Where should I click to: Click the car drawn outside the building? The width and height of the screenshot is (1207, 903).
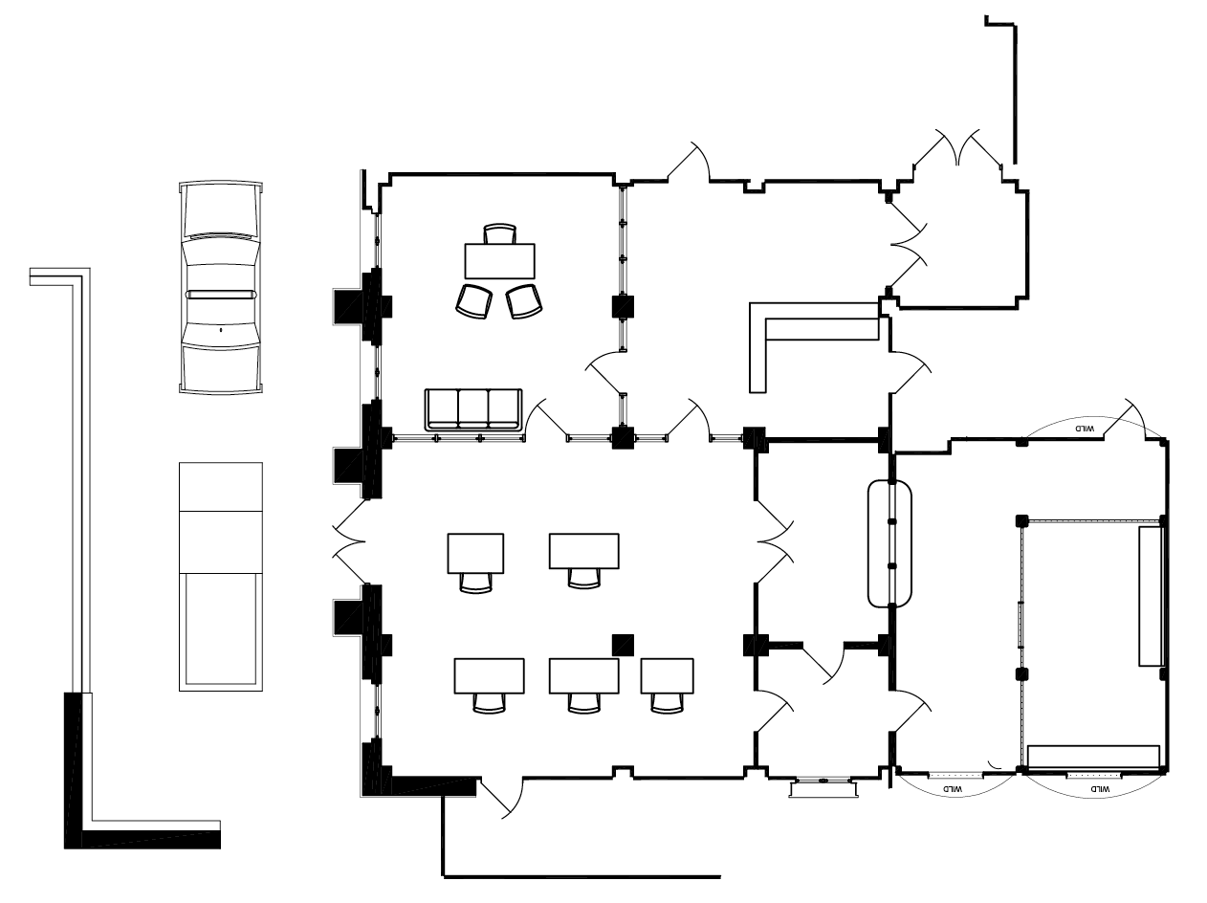click(x=220, y=287)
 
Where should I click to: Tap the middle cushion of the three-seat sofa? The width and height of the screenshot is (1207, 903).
click(x=473, y=409)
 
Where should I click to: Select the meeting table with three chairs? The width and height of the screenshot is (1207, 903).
click(x=499, y=259)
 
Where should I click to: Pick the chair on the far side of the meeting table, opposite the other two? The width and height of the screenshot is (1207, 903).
click(x=499, y=233)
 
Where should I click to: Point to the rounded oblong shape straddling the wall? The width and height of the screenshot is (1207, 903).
click(x=890, y=543)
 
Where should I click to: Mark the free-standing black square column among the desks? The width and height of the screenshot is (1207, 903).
click(x=624, y=644)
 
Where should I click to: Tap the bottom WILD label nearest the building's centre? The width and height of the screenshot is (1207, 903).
click(x=953, y=788)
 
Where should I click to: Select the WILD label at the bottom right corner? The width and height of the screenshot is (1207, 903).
click(x=1100, y=789)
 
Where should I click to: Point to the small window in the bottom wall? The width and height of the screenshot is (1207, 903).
click(x=823, y=784)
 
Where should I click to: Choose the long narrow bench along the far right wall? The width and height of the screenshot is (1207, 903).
click(x=1151, y=594)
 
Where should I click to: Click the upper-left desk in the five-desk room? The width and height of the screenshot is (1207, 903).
click(x=475, y=552)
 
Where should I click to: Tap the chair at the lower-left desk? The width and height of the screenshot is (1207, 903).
click(x=490, y=702)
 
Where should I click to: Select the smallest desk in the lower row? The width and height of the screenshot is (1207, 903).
click(x=667, y=675)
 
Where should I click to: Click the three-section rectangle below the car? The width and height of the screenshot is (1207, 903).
click(x=220, y=576)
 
